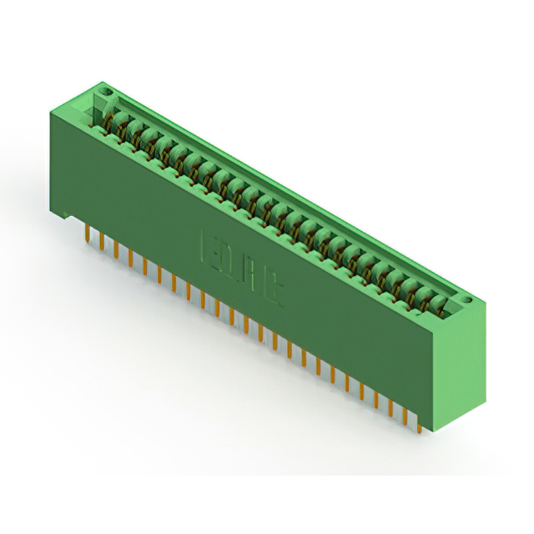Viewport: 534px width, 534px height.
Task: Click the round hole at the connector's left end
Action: [x=103, y=89]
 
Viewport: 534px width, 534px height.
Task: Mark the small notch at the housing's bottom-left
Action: [x=63, y=215]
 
